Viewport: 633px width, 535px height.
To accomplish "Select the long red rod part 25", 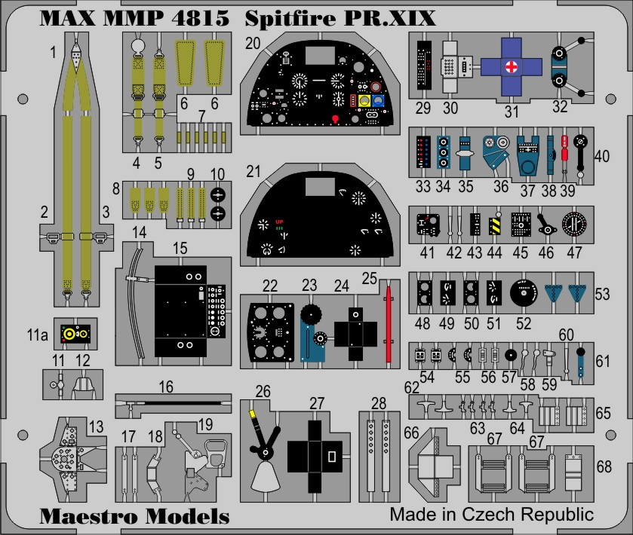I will click(389, 324).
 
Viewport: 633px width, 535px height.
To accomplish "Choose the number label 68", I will click(604, 466).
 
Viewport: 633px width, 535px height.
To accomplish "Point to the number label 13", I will click(95, 427).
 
